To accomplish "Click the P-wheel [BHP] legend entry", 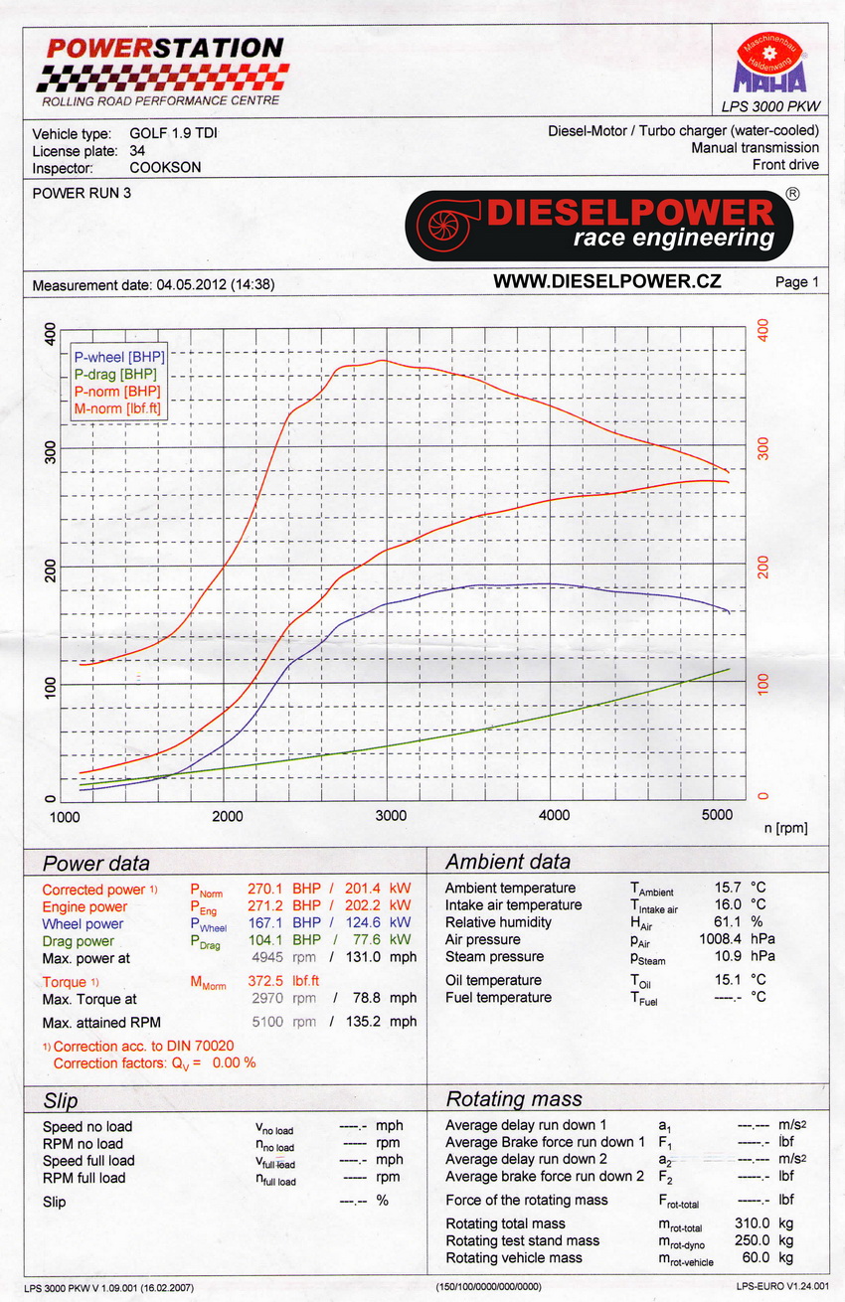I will (x=119, y=356).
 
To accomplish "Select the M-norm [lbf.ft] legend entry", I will (x=117, y=407).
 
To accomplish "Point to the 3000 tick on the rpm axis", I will (x=392, y=816).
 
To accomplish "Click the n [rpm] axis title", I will (x=785, y=827).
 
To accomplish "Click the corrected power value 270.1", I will (x=268, y=889).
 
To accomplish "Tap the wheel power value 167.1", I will (x=268, y=923).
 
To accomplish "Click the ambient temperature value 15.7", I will (x=729, y=888).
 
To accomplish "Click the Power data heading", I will (x=96, y=862).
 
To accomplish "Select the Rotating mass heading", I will (x=514, y=1099).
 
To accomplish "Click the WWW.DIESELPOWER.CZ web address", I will (x=606, y=282).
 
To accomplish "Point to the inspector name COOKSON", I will (x=165, y=167).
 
